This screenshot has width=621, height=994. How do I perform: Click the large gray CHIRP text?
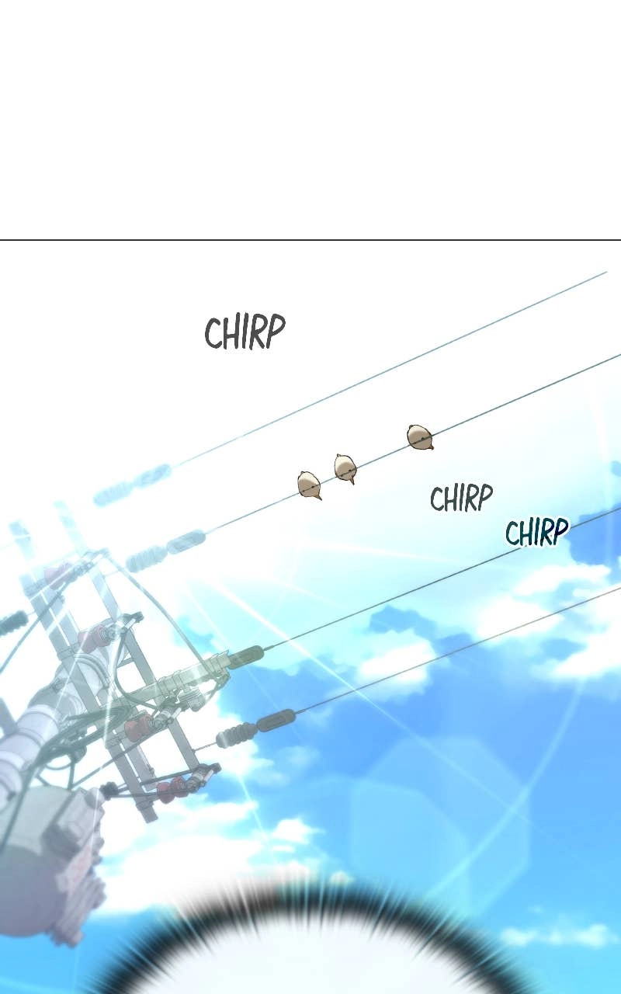click(245, 332)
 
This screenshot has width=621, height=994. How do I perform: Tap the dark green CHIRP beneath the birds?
click(461, 498)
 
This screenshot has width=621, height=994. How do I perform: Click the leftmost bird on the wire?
click(309, 485)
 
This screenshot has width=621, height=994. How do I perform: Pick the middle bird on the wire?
click(345, 468)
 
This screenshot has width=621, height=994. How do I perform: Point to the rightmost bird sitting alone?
click(420, 437)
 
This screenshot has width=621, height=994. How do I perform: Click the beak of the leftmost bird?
click(318, 498)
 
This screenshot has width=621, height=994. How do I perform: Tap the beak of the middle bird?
click(352, 482)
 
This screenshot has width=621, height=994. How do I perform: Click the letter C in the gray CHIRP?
click(213, 333)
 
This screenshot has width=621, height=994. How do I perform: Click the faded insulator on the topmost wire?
click(133, 484)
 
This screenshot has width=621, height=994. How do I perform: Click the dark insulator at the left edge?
click(13, 623)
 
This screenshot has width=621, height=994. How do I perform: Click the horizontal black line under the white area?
click(310, 240)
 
